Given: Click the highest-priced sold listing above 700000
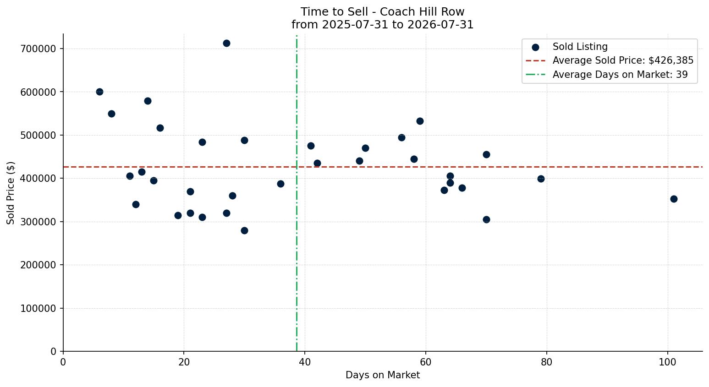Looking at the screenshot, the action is click(226, 44).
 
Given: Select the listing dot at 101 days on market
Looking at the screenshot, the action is click(674, 199).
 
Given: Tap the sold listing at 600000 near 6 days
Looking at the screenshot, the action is click(99, 92).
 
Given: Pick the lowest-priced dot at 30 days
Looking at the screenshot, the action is click(244, 230).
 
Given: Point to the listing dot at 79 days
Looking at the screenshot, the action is click(541, 179).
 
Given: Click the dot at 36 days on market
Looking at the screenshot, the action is click(280, 184).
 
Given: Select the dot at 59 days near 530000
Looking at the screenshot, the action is click(420, 121).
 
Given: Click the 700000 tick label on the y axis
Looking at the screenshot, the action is click(38, 49).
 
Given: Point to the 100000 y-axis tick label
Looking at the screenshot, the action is click(38, 309).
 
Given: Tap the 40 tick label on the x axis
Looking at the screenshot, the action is click(305, 362).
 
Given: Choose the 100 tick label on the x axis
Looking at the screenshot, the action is click(668, 362).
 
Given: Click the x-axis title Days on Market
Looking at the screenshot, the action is click(383, 375).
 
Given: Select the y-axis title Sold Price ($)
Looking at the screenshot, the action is click(11, 193).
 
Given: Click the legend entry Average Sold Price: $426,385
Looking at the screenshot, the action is click(623, 60).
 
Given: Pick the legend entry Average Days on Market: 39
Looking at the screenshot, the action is click(620, 75).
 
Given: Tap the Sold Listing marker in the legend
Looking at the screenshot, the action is click(535, 48).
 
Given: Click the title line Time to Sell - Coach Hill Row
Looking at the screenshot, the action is click(382, 12).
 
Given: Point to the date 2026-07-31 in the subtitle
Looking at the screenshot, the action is click(440, 25).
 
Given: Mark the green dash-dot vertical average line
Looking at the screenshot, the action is click(297, 193).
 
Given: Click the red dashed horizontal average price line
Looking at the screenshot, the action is click(383, 167).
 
